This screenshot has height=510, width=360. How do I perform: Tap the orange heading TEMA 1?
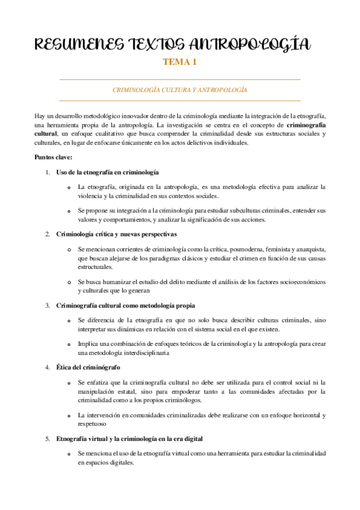180,62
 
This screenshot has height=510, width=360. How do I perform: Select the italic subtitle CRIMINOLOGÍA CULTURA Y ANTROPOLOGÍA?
180,90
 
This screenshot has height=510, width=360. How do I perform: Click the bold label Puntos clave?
53,157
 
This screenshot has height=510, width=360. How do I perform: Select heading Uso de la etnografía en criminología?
107,172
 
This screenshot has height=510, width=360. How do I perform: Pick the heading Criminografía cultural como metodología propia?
125,305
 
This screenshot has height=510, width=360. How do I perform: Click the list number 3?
47,305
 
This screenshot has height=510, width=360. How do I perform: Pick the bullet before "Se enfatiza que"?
70,382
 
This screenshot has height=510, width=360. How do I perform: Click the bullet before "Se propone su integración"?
70,212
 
